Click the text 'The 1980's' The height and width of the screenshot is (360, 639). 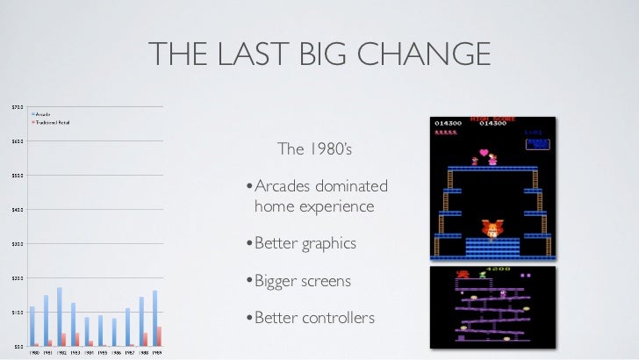coord(313,149)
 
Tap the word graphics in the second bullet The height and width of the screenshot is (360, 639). coord(329,243)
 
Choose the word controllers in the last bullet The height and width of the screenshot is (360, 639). coord(338,317)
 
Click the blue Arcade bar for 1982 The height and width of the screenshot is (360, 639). coord(59,316)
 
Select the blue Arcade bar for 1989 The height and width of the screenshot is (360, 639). coord(154,318)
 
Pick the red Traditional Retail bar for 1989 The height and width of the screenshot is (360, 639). coord(159,336)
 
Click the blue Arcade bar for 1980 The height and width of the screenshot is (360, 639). coord(32,326)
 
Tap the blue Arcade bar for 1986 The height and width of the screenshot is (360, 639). coord(113,332)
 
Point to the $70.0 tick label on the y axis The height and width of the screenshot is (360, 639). coord(18,107)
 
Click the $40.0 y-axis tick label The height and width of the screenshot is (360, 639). coord(18,210)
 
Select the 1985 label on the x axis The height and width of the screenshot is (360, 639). coord(102,352)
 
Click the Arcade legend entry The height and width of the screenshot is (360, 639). coord(42,114)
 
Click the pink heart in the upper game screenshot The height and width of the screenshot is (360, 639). coord(484,152)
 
